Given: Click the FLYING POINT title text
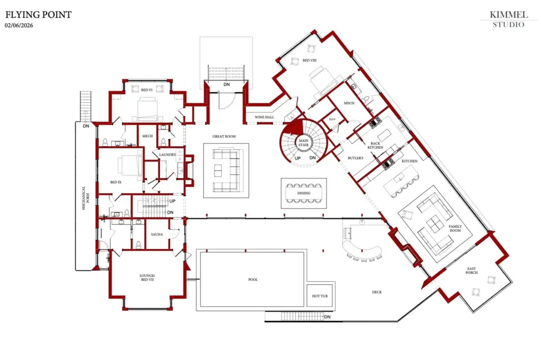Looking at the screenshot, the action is click(38, 15).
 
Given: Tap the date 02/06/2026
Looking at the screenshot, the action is click(19, 25).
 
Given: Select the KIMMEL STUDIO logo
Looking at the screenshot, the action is click(509, 20).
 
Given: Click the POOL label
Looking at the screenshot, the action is click(253, 280).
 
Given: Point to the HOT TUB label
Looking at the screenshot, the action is click(320, 296).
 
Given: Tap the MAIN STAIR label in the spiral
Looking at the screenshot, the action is click(304, 143).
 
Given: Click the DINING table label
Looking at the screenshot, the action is click(304, 193).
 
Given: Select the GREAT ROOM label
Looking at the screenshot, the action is click(224, 136).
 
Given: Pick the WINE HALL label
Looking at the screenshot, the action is click(265, 117).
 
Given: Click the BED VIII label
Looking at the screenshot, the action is click(310, 60).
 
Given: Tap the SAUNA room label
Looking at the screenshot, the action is click(157, 234).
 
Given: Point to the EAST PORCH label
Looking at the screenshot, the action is click(472, 270).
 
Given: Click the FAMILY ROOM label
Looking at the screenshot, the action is click(455, 228).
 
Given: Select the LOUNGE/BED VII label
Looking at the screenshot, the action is click(147, 278).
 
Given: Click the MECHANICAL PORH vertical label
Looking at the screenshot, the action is click(85, 198).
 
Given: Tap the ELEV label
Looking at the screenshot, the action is click(332, 119).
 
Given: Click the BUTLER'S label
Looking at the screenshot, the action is click(356, 158).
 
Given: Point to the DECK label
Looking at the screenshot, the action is click(377, 292).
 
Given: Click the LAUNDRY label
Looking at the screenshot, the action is click(167, 155).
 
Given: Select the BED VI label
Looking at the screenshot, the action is click(147, 90).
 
